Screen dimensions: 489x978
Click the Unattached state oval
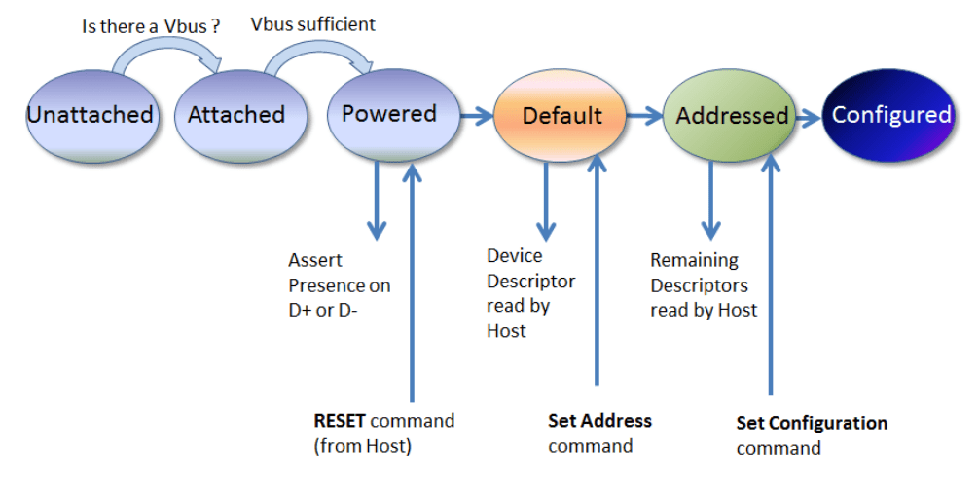(x=90, y=115)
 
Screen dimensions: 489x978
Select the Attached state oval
(x=235, y=115)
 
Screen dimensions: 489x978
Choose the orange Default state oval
(x=561, y=116)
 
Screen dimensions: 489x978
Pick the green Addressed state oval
(x=732, y=116)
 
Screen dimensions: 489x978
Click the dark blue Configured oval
(x=890, y=115)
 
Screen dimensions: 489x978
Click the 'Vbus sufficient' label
(x=313, y=22)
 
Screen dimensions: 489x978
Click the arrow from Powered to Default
(x=476, y=116)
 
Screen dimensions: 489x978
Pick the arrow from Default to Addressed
(x=643, y=116)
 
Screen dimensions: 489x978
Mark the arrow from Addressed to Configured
(x=807, y=117)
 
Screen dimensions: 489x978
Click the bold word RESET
(x=338, y=422)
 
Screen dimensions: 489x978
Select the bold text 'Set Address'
(x=599, y=421)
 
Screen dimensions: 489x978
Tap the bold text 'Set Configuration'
(x=812, y=423)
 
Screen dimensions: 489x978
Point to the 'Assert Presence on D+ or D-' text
(x=339, y=286)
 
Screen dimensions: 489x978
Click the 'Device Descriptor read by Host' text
(x=530, y=293)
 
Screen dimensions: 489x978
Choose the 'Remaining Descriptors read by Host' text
(x=703, y=285)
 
